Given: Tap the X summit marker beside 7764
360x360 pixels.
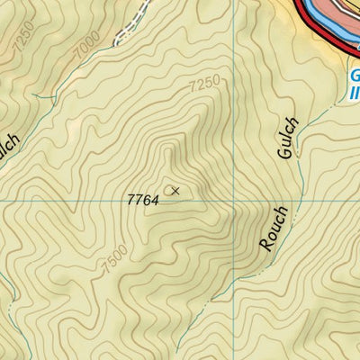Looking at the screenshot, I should [x=175, y=190].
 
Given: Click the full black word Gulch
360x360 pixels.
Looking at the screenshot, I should [x=287, y=138].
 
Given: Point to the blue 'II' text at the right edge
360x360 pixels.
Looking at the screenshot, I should [x=355, y=93].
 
